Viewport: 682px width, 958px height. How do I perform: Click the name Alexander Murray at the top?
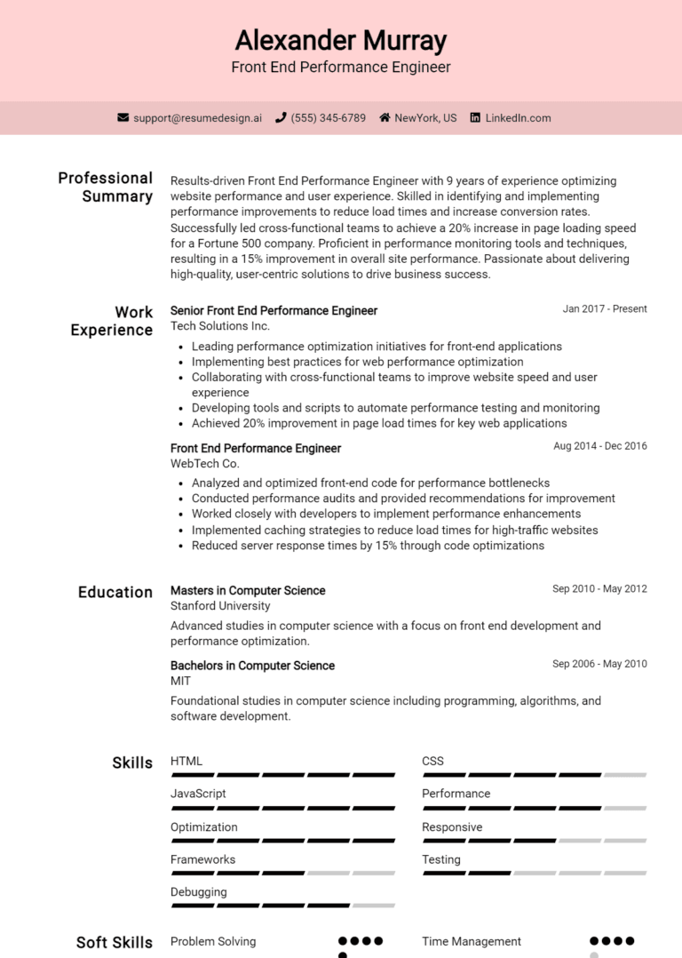click(341, 41)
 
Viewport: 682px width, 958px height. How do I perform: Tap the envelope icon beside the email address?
click(123, 117)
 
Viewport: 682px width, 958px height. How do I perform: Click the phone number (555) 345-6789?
click(328, 117)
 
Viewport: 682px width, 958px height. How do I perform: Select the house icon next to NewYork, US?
click(385, 117)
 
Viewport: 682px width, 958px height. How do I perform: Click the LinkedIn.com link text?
click(518, 117)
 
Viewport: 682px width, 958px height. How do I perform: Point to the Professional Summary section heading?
click(106, 187)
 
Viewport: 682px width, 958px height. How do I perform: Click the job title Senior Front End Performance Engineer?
click(274, 311)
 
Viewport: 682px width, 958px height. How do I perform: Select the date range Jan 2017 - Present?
click(605, 309)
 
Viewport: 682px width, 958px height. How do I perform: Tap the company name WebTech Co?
click(204, 463)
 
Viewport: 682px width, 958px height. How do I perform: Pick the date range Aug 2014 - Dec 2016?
click(600, 446)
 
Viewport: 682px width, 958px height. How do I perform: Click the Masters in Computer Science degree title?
click(248, 591)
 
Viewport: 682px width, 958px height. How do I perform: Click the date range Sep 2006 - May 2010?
click(599, 664)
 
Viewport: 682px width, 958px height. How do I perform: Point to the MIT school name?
click(180, 681)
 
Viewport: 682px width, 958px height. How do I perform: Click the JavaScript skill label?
click(198, 794)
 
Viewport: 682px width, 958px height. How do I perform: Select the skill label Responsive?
click(452, 827)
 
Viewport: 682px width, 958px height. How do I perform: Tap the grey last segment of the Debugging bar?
click(375, 906)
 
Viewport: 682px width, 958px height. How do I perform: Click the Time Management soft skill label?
click(472, 941)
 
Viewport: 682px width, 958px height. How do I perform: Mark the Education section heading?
click(115, 592)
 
